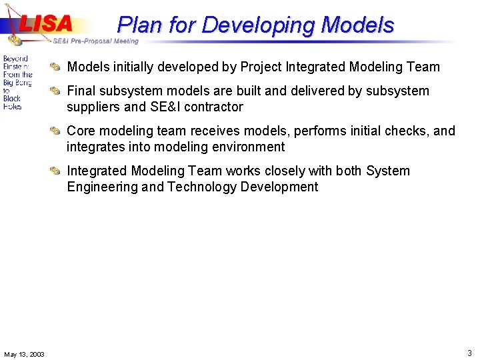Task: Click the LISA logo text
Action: point(45,23)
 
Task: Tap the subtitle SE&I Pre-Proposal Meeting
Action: point(95,41)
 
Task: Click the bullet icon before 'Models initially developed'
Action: point(58,67)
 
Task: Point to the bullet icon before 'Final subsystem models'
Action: point(58,91)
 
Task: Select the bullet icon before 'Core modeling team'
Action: point(58,131)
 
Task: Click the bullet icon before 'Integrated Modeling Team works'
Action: point(58,171)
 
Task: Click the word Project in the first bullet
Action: point(261,67)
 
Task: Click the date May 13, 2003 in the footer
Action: point(24,354)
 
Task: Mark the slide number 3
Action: point(469,353)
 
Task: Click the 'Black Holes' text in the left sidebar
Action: point(12,102)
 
